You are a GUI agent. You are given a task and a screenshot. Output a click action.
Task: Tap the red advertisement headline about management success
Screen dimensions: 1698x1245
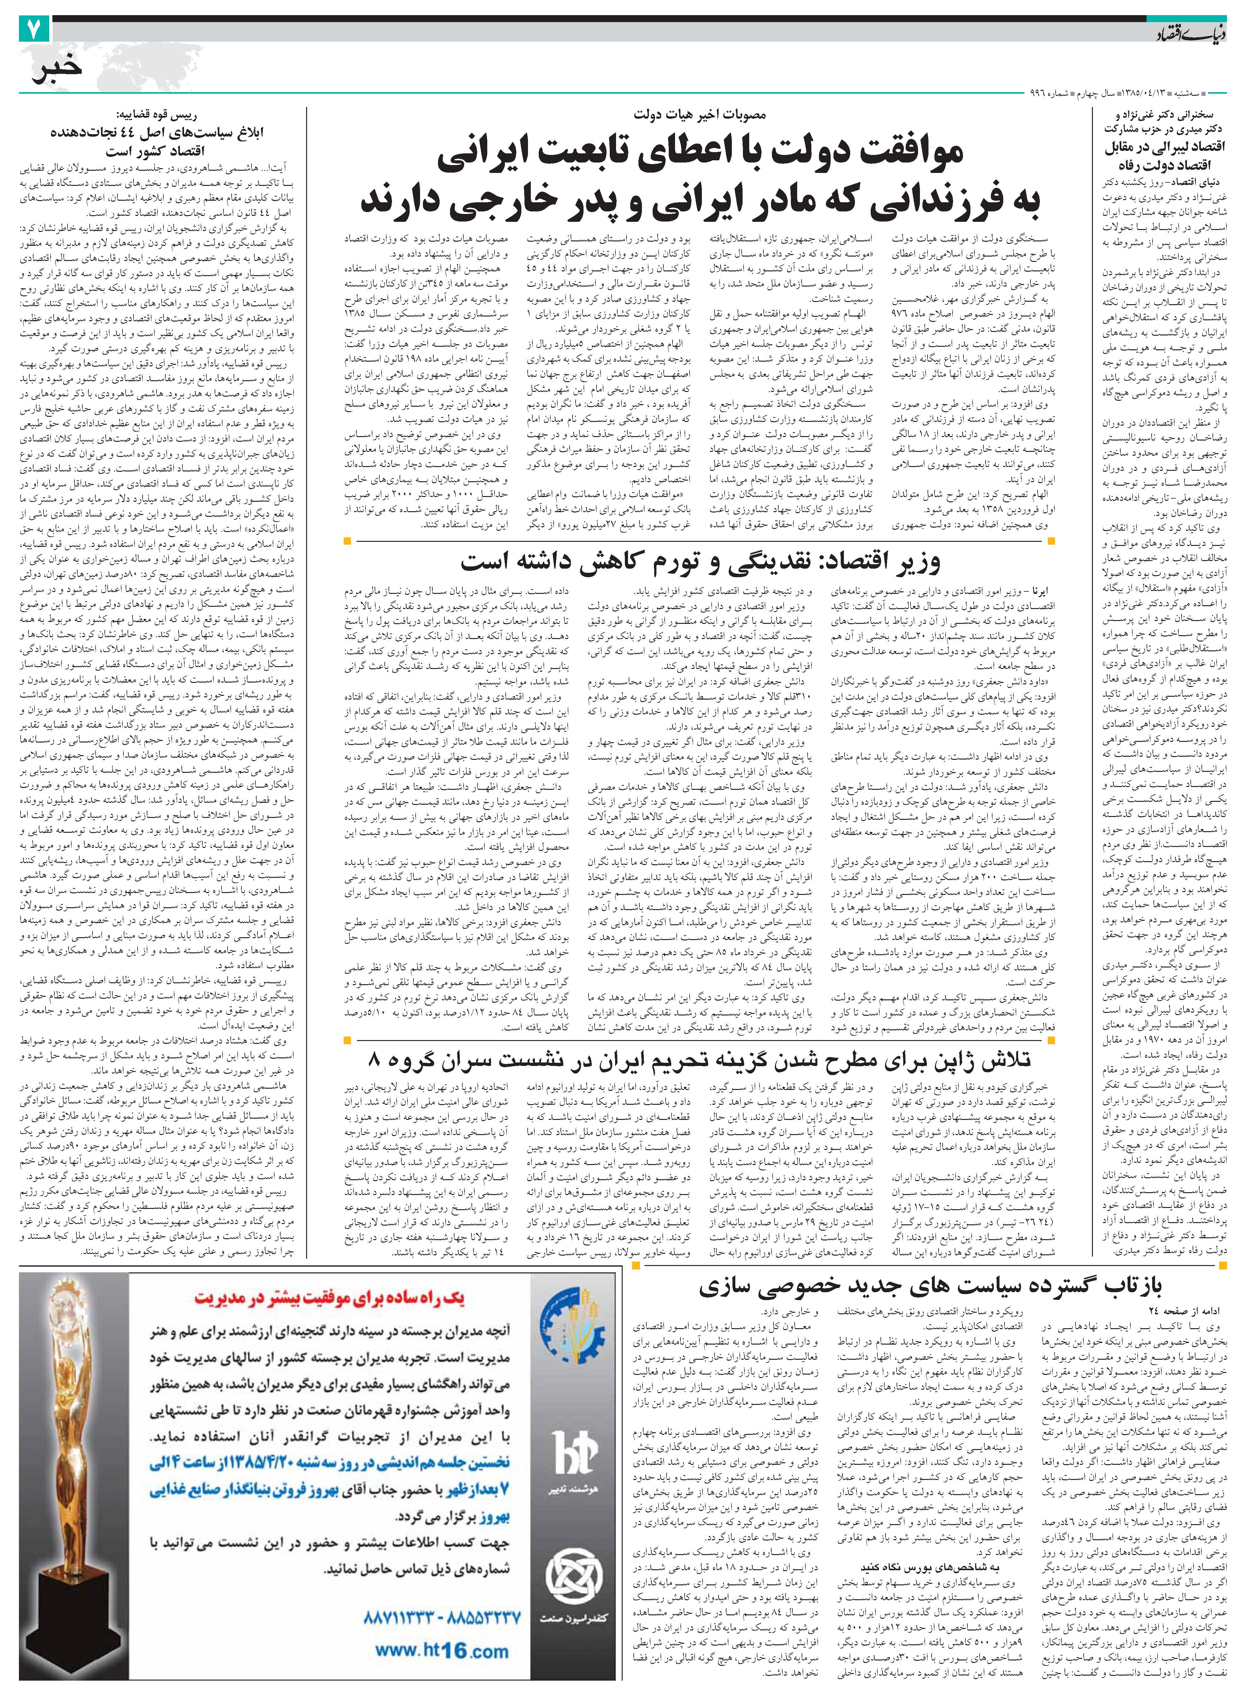click(x=330, y=1297)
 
